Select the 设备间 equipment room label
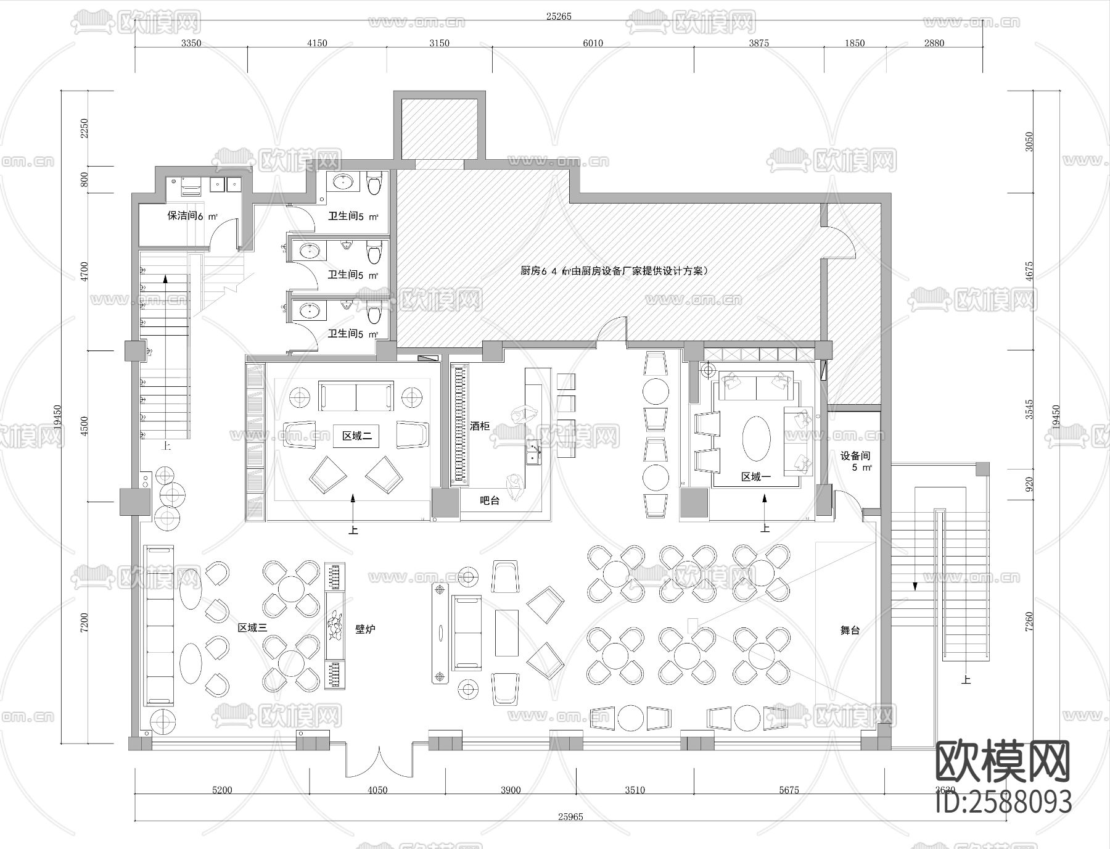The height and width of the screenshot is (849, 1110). [855, 456]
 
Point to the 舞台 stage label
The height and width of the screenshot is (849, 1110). [850, 631]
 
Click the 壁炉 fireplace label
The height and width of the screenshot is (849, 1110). [365, 629]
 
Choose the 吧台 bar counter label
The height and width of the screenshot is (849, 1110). [490, 500]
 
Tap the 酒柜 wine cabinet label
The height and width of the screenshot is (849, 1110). [480, 426]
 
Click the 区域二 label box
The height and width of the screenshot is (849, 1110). [357, 436]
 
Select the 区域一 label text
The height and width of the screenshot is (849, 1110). [756, 477]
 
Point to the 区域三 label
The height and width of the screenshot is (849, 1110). [252, 627]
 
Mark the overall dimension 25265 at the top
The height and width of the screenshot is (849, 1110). [558, 17]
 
